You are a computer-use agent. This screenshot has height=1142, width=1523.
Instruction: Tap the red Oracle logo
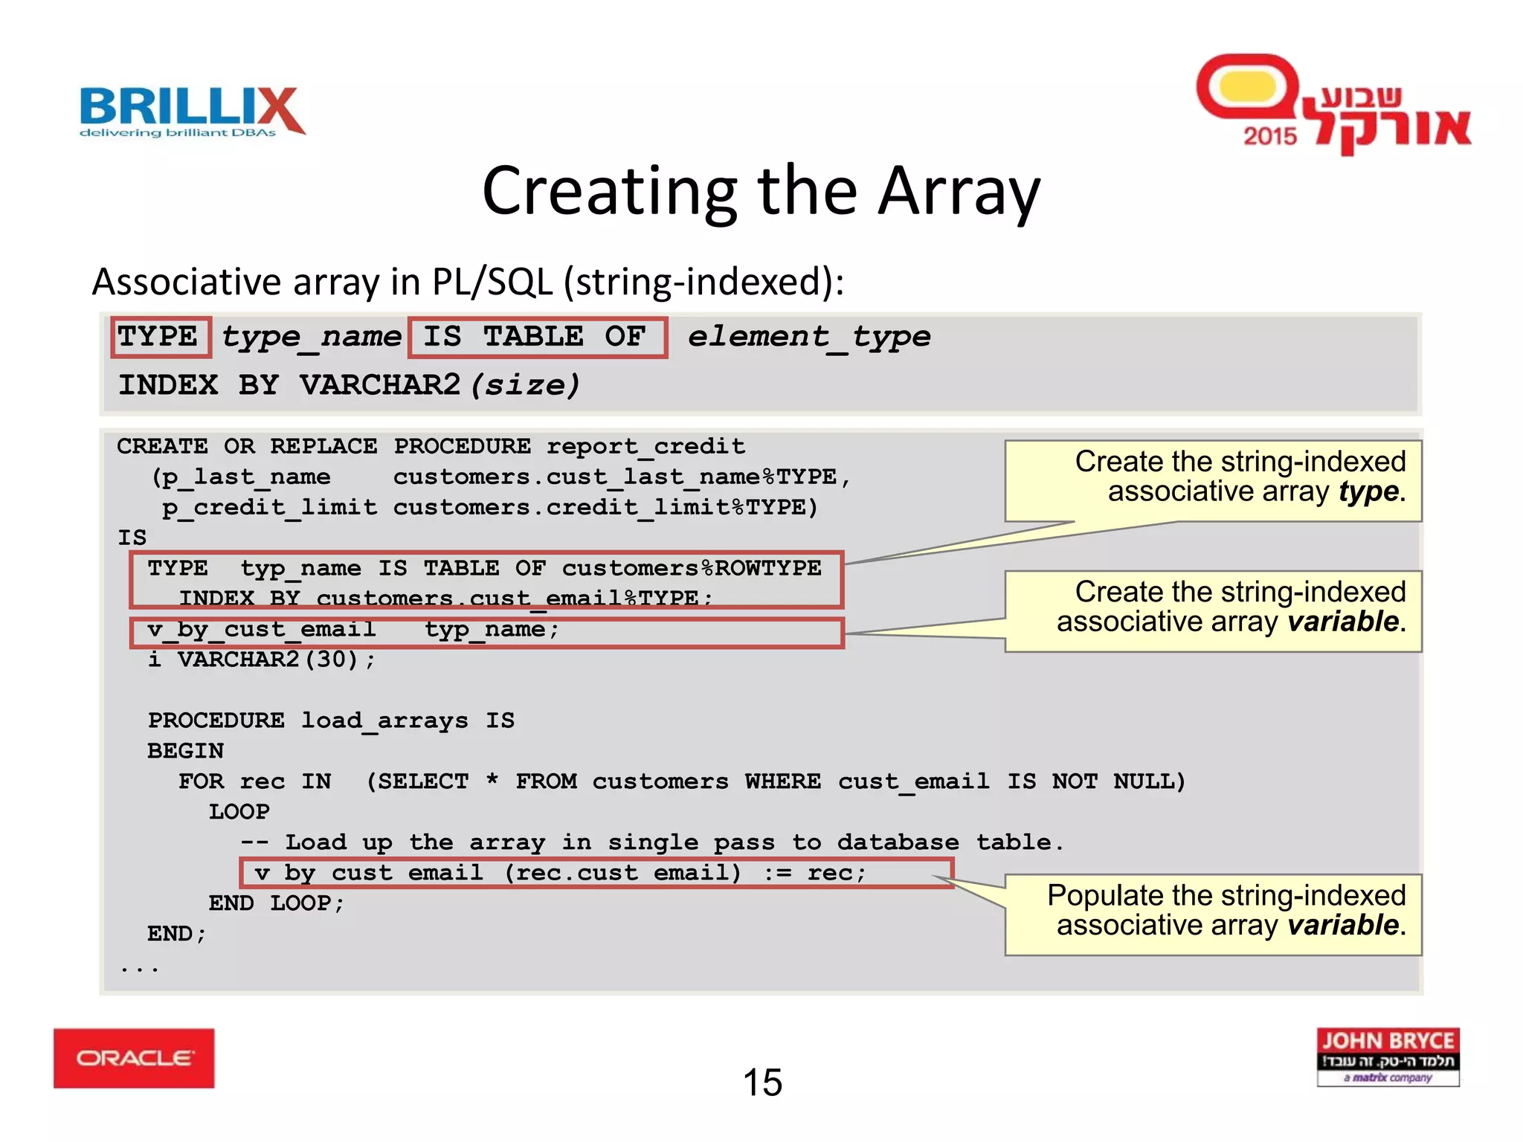point(134,1058)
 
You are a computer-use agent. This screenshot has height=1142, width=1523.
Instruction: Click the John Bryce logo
point(1388,1056)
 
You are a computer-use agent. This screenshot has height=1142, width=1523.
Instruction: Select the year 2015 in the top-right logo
point(1269,136)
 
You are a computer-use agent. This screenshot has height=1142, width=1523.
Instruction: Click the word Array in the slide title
point(959,192)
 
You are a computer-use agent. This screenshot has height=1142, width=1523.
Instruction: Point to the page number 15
point(762,1083)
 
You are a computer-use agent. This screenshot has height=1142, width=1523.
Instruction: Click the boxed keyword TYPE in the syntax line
point(158,337)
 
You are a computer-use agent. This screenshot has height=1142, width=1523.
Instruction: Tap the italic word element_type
point(808,337)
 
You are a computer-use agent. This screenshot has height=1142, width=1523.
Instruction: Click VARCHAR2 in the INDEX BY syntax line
point(380,385)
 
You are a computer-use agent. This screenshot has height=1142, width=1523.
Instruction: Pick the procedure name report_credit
point(645,446)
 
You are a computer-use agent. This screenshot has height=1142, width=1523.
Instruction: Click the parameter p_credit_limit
point(270,507)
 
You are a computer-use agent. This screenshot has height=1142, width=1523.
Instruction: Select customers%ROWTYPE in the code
point(691,568)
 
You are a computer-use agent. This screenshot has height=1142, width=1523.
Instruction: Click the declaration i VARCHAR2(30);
point(262,659)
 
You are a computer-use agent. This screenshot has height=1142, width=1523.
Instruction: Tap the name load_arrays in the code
point(384,720)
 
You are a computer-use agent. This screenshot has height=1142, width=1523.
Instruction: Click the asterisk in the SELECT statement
point(492,781)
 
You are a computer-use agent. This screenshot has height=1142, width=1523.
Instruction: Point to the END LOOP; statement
point(276,903)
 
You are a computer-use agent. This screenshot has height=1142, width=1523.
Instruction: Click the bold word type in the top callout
point(1368,492)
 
